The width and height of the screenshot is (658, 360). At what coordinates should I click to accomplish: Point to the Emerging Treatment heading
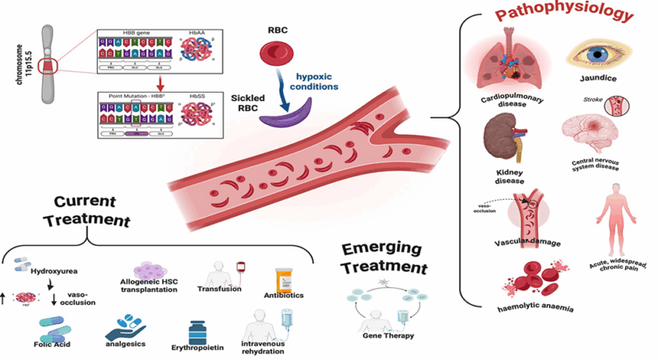pyautogui.click(x=386, y=259)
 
